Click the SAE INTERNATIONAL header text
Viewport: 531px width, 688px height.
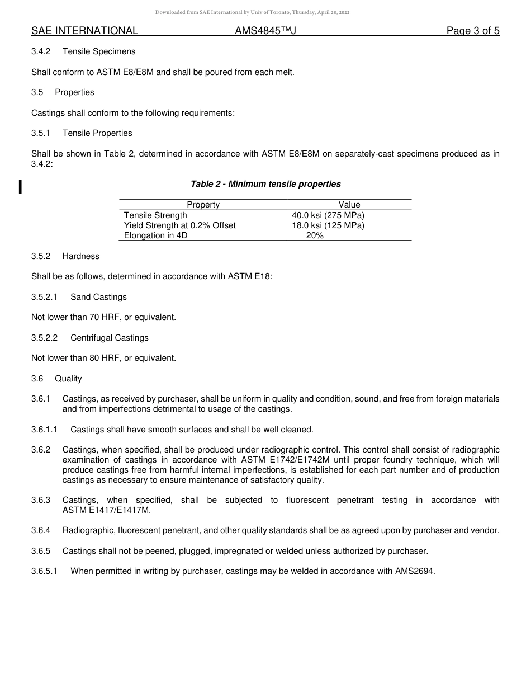point(84,31)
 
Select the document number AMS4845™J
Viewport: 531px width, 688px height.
point(265,31)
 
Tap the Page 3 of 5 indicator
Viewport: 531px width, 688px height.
point(472,31)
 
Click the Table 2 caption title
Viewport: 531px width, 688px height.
point(265,184)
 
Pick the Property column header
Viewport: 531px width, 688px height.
point(203,205)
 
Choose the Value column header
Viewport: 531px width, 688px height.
point(349,205)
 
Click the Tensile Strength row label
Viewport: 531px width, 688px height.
point(155,215)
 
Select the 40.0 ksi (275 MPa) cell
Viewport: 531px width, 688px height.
point(328,215)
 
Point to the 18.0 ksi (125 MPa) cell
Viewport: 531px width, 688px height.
point(328,225)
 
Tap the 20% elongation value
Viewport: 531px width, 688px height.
point(315,235)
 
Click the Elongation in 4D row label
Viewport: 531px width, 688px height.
point(155,235)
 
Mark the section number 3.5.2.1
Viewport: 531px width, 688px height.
point(45,297)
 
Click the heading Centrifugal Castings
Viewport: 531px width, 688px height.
point(110,338)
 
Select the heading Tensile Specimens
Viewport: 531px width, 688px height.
point(99,51)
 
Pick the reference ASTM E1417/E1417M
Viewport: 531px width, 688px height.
point(106,510)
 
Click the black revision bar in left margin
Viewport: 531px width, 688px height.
point(20,186)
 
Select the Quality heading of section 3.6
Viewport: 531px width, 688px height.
point(68,379)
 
